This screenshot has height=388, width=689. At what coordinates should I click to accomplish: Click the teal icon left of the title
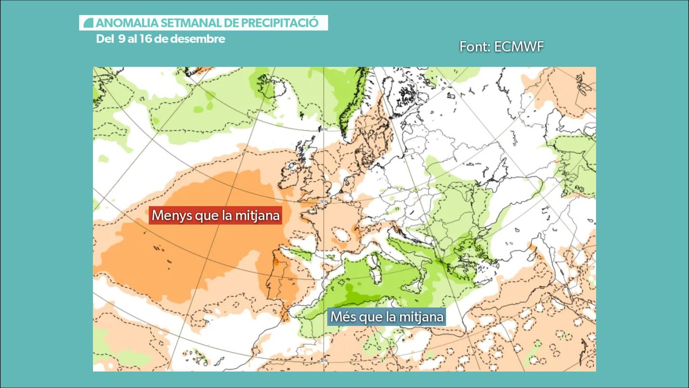click(89, 23)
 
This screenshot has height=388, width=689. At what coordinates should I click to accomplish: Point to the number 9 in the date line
click(121, 39)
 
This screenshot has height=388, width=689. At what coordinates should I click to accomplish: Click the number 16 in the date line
click(146, 39)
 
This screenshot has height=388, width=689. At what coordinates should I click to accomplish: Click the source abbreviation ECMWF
click(519, 47)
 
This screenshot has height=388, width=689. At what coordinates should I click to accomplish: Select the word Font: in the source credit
click(475, 47)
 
